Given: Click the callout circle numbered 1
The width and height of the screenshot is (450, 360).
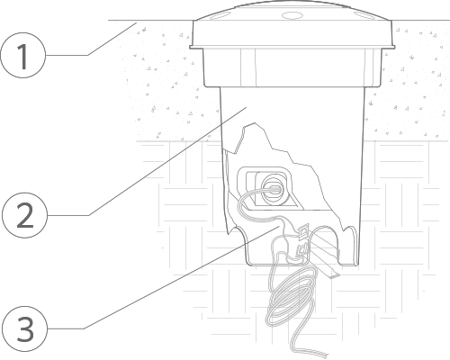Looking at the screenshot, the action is point(23,56).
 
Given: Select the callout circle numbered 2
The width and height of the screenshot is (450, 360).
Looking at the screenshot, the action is point(25,215).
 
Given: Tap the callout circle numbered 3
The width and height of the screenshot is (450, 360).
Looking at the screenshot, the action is point(25,328).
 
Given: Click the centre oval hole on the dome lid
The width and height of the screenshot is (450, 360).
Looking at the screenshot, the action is point(292,15).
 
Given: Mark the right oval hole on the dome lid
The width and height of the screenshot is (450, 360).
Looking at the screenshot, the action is point(364,16).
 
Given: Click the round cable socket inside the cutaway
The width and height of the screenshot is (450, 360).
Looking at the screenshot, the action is point(273,191).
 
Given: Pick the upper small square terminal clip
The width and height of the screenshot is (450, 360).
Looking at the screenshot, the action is point(303,231).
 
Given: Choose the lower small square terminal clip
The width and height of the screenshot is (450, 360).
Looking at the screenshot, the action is point(302,250).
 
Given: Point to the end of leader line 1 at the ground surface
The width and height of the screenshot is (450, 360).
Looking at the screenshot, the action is point(137,22).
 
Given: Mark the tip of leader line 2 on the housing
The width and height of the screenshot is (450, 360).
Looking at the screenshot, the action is point(247,107).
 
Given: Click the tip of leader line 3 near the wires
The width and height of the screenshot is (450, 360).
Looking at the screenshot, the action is point(279,227).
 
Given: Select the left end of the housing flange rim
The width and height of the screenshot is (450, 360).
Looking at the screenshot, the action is point(190,47).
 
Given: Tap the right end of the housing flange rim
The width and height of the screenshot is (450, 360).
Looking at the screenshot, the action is point(394,47).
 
